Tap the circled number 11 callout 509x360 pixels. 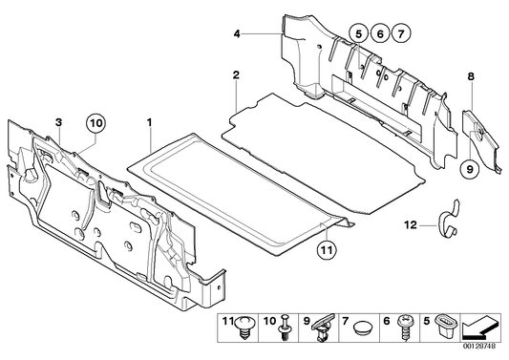tap(326, 251)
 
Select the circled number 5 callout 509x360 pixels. tap(359, 34)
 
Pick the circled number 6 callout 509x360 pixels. tap(379, 34)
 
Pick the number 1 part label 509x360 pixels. tap(149, 123)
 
